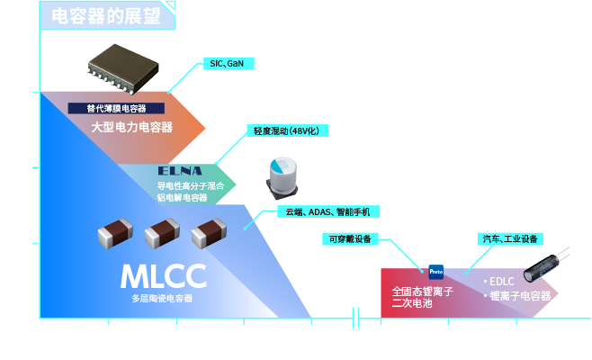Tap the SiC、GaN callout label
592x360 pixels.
coord(227,64)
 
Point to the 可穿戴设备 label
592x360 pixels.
coord(350,239)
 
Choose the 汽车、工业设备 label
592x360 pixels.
coord(510,239)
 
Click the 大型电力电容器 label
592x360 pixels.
coord(131,127)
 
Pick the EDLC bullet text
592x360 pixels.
coord(499,281)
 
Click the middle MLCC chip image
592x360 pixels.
coord(162,235)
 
